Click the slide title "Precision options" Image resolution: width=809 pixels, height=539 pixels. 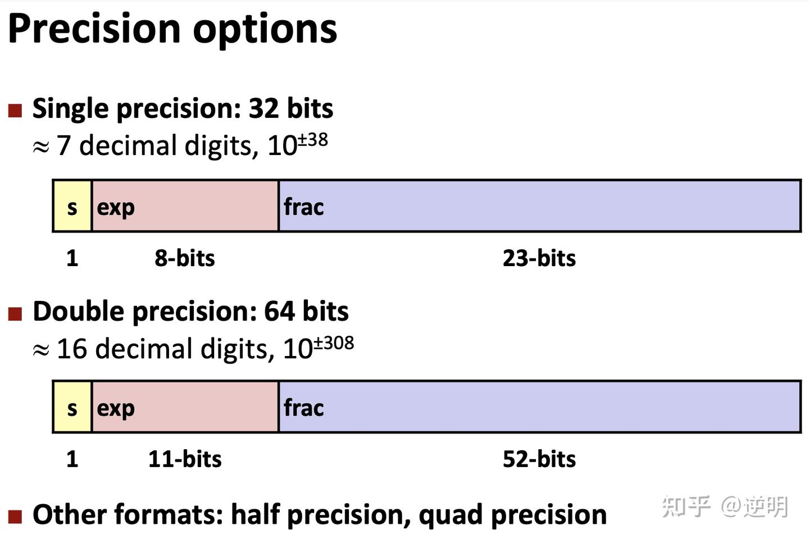click(172, 29)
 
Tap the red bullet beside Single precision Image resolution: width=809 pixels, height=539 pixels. click(15, 111)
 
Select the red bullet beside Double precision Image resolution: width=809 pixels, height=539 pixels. click(15, 314)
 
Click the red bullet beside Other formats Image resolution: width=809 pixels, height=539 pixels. click(15, 517)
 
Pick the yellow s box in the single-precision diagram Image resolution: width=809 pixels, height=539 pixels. click(72, 206)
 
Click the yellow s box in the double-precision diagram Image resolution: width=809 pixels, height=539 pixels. click(72, 406)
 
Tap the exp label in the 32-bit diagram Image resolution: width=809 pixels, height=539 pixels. click(116, 208)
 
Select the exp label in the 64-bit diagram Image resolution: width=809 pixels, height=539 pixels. click(116, 409)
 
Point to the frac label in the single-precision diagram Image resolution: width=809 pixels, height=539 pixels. click(304, 207)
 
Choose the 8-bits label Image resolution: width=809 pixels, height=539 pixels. click(184, 258)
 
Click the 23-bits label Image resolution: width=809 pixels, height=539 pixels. click(539, 258)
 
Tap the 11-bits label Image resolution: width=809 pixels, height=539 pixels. click(185, 459)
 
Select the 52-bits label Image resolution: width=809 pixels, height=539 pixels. click(539, 459)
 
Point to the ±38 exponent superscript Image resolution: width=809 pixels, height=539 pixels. click(313, 139)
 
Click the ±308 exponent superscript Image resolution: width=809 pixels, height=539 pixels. click(334, 342)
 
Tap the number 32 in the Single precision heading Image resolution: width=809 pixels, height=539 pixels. click(263, 108)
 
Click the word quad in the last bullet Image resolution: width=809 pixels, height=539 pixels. click(451, 515)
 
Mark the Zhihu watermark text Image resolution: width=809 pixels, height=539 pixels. click(725, 506)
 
